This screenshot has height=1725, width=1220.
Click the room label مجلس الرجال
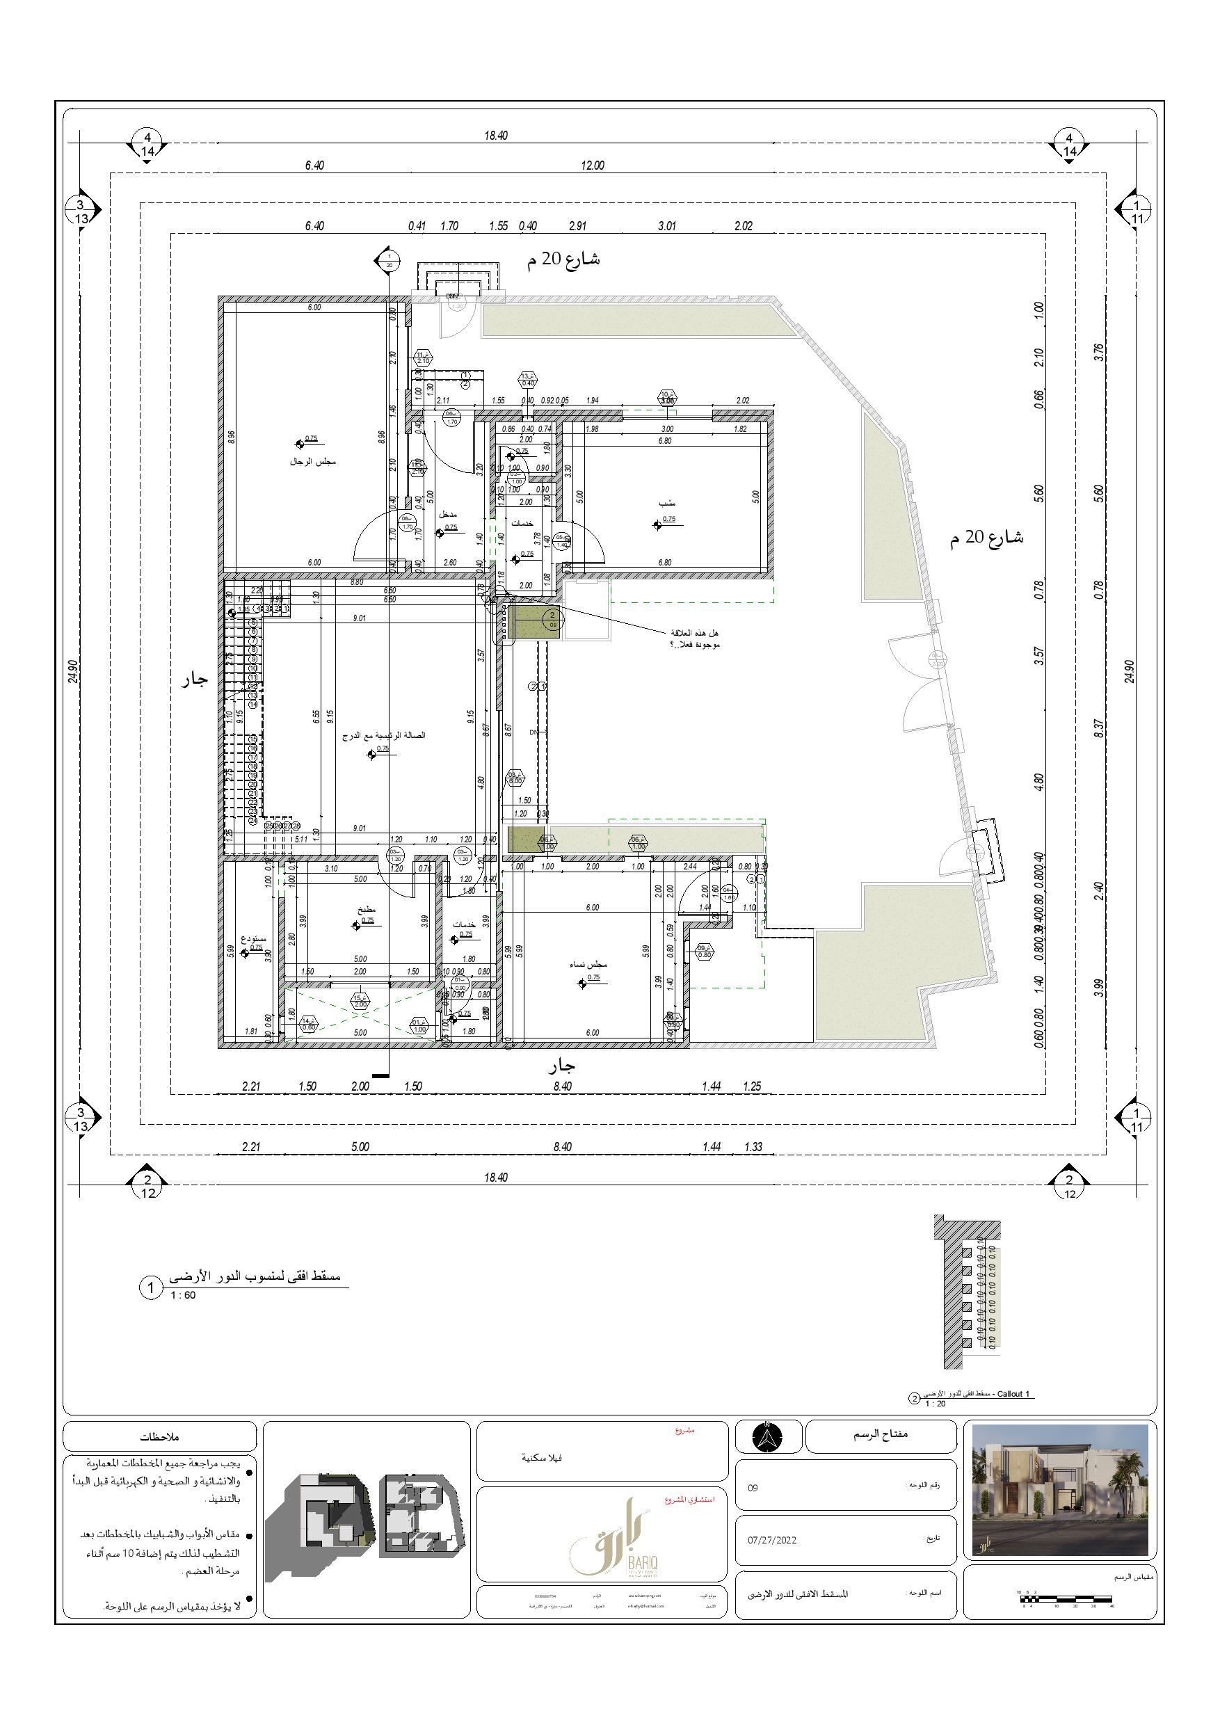[x=312, y=461]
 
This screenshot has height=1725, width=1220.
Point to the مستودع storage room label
[x=253, y=939]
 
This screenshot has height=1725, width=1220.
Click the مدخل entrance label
[x=448, y=515]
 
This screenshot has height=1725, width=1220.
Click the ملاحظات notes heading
[x=160, y=1436]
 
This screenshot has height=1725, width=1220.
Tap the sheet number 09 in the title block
[x=753, y=1488]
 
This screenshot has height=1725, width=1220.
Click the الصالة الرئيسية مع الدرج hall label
[x=384, y=735]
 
